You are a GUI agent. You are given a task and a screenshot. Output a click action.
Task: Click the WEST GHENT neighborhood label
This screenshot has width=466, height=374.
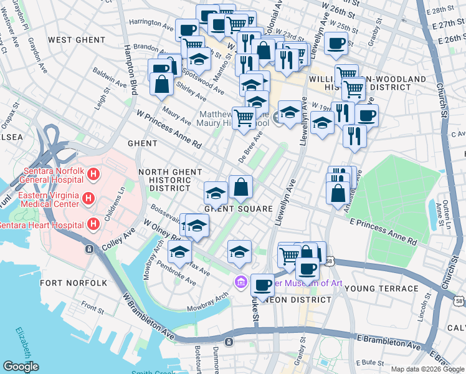pyautogui.click(x=77, y=40)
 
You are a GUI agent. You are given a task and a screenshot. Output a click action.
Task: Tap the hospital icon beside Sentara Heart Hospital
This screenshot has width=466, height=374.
pyautogui.click(x=93, y=224)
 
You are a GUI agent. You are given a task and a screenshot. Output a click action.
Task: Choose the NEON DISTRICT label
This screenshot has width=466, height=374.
pyautogui.click(x=293, y=300)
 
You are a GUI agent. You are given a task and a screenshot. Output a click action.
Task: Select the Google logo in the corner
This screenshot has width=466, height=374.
pyautogui.click(x=21, y=367)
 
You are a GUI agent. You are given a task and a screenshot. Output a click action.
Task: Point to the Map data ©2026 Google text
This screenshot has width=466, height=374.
pyautogui.click(x=427, y=369)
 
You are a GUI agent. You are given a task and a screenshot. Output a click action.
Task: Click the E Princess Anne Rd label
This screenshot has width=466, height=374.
pyautogui.click(x=383, y=231)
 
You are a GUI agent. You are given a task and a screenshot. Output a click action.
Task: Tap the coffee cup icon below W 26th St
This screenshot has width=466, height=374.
pyautogui.click(x=336, y=44)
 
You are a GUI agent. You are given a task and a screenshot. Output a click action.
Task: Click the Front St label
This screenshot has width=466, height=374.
pyautogui.click(x=92, y=308)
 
